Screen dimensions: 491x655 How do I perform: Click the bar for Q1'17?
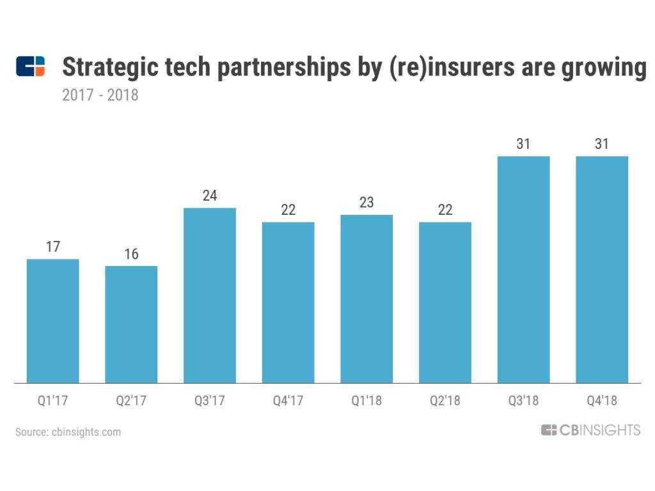click(52, 321)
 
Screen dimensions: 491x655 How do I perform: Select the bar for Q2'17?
click(131, 324)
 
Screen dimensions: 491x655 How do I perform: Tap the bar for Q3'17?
click(210, 295)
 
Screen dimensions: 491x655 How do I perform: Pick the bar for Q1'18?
click(367, 299)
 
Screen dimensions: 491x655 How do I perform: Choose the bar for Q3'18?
click(523, 269)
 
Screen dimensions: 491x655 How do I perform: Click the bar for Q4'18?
click(602, 269)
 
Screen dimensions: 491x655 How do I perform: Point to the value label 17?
click(52, 247)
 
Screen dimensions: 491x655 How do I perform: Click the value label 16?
click(131, 254)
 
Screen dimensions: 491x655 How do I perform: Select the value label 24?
click(210, 196)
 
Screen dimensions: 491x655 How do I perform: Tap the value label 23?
click(367, 203)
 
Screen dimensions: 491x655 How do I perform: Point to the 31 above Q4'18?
click(602, 144)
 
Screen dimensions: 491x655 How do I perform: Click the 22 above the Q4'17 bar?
click(288, 210)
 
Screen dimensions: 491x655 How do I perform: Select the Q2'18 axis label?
click(445, 401)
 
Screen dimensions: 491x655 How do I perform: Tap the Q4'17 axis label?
click(288, 401)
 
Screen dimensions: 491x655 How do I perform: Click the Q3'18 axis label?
click(523, 401)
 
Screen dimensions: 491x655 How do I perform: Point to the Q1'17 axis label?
click(52, 401)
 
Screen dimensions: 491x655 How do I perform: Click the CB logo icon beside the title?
click(31, 66)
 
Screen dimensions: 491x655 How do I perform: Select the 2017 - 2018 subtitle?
click(100, 96)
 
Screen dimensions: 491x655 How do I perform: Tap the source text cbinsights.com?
click(68, 432)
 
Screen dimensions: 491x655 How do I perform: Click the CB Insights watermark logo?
click(590, 430)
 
